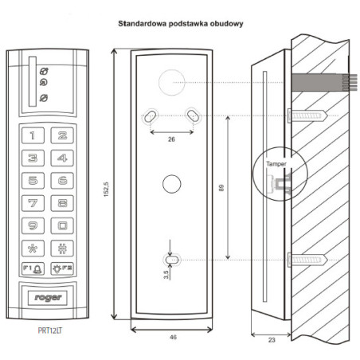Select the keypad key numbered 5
33,180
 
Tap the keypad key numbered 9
33,225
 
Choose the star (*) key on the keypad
33,247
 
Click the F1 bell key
33,269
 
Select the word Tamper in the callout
277,163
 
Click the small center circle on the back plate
170,182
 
